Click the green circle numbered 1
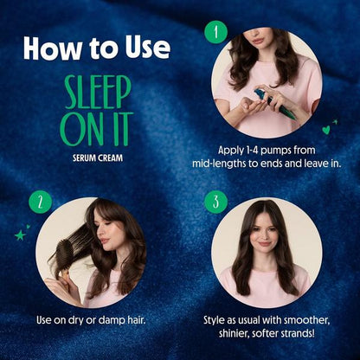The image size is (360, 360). tap(216, 32)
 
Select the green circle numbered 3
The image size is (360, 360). tap(216, 202)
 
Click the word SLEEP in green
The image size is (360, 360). tap(98, 93)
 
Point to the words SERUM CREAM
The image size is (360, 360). tap(98, 158)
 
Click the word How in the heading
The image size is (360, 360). tap(53, 48)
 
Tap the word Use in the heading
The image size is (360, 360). tap(147, 48)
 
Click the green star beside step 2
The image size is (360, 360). tap(20, 235)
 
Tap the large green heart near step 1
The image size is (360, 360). tap(326, 130)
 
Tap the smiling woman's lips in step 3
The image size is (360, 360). tap(265, 244)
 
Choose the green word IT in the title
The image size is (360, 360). tap(121, 129)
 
